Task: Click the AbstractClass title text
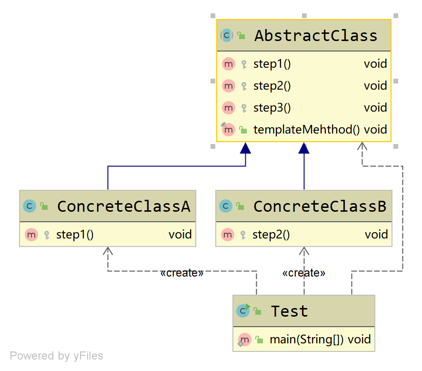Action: click(316, 36)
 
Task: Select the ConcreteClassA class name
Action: click(123, 206)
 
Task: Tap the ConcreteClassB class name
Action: click(320, 206)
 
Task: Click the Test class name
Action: click(290, 311)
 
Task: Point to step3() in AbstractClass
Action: click(272, 108)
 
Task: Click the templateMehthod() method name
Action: click(307, 130)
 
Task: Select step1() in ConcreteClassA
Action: click(75, 235)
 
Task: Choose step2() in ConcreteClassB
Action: click(271, 235)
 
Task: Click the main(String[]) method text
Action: click(307, 340)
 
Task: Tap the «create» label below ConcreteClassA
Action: click(182, 273)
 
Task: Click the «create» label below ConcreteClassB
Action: click(304, 273)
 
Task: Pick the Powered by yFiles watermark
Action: click(56, 356)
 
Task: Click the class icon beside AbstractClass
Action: click(226, 35)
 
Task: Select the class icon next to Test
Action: click(243, 311)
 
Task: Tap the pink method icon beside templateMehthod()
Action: click(229, 129)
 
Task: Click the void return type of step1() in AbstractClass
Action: click(375, 64)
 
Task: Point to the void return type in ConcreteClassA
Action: click(180, 235)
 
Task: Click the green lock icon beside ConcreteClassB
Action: click(241, 206)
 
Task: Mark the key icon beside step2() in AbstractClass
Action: click(244, 86)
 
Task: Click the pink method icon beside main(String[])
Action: click(244, 340)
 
